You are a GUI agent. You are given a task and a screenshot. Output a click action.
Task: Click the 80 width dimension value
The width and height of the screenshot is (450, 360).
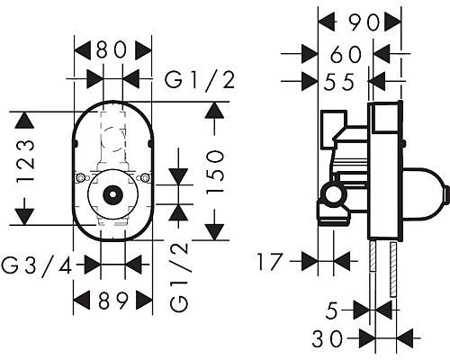tap(112, 49)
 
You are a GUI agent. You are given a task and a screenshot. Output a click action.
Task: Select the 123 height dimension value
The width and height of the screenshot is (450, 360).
tap(25, 161)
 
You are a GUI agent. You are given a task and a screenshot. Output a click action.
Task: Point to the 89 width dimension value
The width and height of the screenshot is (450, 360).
tap(113, 301)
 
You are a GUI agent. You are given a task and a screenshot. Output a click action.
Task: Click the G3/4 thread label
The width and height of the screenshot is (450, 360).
tap(37, 265)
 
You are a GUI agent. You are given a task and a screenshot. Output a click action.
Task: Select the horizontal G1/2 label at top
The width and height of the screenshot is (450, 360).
tap(200, 80)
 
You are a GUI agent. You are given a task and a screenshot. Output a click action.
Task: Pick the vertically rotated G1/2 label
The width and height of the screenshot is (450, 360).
tap(179, 277)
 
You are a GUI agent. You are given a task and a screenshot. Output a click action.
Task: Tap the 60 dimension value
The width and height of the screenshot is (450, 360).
tap(346, 55)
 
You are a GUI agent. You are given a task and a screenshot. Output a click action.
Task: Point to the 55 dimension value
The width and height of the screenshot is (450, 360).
tap(339, 82)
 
